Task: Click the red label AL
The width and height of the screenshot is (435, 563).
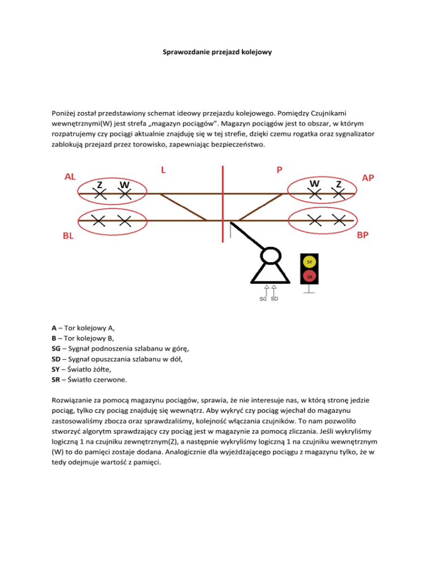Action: pyautogui.click(x=71, y=176)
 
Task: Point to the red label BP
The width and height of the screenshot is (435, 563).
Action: pyautogui.click(x=364, y=234)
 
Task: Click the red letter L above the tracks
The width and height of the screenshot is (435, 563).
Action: pyautogui.click(x=164, y=169)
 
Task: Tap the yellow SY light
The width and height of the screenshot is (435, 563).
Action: pyautogui.click(x=310, y=262)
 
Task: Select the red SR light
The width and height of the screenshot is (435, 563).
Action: pyautogui.click(x=310, y=276)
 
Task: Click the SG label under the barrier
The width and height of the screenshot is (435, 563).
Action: pyautogui.click(x=263, y=299)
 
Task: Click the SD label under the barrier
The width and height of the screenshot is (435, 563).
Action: pyautogui.click(x=274, y=298)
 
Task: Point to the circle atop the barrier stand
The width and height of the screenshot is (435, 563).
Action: pyautogui.click(x=270, y=256)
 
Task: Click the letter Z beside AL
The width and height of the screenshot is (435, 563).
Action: pyautogui.click(x=99, y=184)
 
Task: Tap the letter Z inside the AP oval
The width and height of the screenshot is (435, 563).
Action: pyautogui.click(x=338, y=184)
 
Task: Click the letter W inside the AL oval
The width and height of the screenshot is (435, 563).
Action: pyautogui.click(x=125, y=185)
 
